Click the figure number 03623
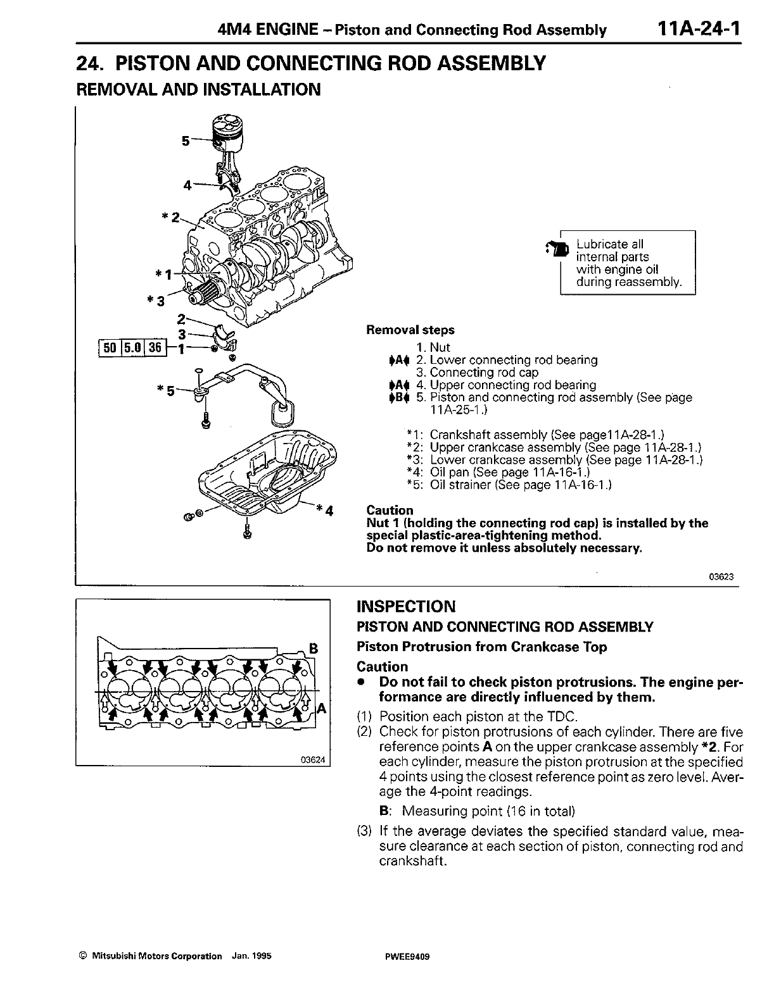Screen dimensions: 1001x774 726,576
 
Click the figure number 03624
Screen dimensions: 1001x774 315,761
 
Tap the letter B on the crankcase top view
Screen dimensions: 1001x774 312,647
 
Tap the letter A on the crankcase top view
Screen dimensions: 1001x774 321,708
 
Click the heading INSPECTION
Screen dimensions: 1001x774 406,607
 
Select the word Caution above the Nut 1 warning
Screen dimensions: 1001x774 390,510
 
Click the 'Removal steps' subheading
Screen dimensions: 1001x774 410,330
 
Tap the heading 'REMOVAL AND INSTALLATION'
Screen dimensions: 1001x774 198,89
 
